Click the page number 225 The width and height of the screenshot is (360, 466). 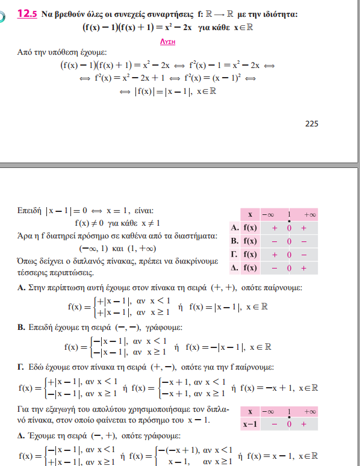point(311,124)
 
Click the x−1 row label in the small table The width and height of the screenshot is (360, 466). point(249,424)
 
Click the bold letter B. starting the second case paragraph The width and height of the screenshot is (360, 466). point(21,328)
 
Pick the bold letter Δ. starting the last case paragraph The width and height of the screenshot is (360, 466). point(21,435)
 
